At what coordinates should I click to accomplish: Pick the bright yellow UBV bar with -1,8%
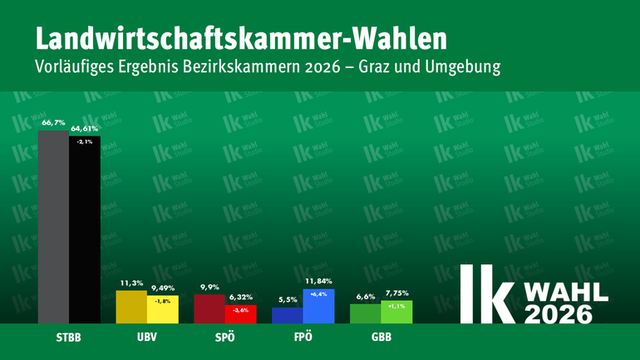(x=162, y=309)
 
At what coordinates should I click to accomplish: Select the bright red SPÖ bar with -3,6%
(x=240, y=313)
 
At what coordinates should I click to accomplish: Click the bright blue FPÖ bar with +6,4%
(x=318, y=305)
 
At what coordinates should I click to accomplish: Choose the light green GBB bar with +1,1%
(x=396, y=312)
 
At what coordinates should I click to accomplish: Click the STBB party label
(x=70, y=339)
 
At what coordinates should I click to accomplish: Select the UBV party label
(x=147, y=339)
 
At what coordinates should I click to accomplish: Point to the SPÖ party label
(x=225, y=339)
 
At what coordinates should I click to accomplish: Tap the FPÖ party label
(x=303, y=339)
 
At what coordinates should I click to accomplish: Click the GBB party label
(x=381, y=339)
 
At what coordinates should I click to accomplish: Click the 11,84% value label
(x=318, y=282)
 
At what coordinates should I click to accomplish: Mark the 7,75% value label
(x=397, y=294)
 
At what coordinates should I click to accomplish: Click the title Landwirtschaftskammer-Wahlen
(x=241, y=37)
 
